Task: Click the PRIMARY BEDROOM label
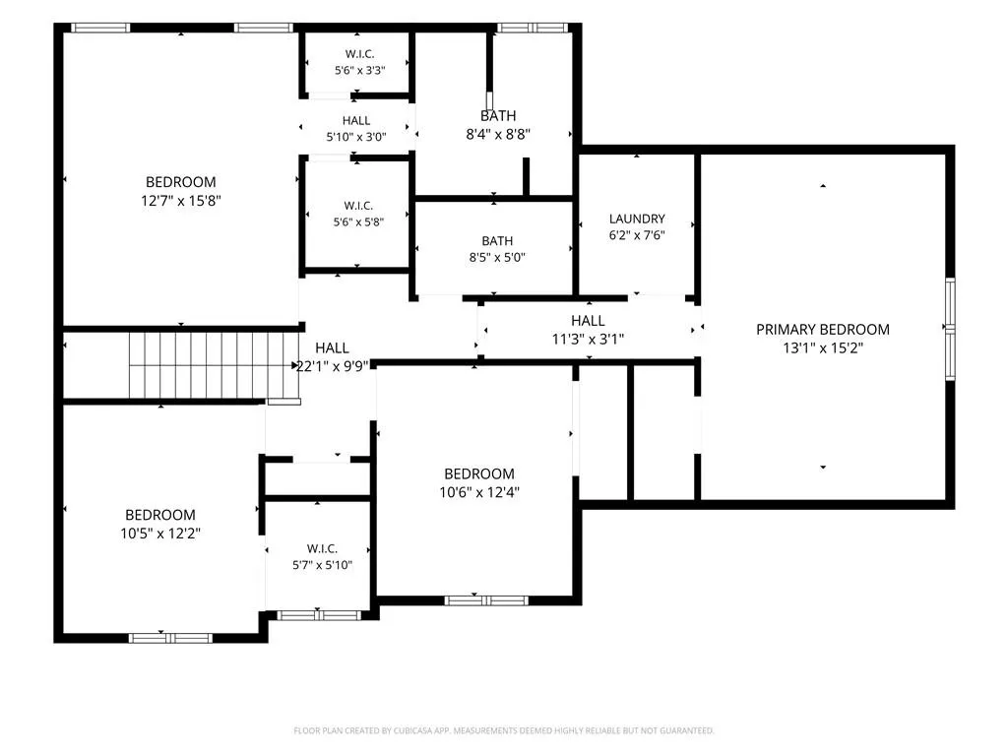(822, 330)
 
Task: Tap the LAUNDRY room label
(637, 220)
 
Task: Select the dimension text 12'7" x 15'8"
(181, 201)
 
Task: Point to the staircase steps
(214, 365)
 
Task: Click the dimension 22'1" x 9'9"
(332, 366)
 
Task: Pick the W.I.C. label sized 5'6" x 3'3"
(359, 54)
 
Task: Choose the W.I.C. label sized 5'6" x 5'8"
(358, 206)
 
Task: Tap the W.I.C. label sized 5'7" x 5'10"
(322, 548)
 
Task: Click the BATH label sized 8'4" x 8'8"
(498, 116)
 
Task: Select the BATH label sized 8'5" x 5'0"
(497, 241)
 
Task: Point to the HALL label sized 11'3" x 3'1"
(588, 321)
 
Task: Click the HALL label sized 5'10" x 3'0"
(356, 121)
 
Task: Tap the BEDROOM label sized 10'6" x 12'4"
(479, 473)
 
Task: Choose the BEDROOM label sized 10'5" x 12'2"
(160, 515)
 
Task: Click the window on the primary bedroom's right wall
(950, 329)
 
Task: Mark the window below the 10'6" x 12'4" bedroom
(486, 600)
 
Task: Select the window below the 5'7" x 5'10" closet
(319, 615)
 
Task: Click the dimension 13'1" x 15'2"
(822, 347)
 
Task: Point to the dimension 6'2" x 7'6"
(637, 235)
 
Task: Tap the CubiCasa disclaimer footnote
(503, 730)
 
